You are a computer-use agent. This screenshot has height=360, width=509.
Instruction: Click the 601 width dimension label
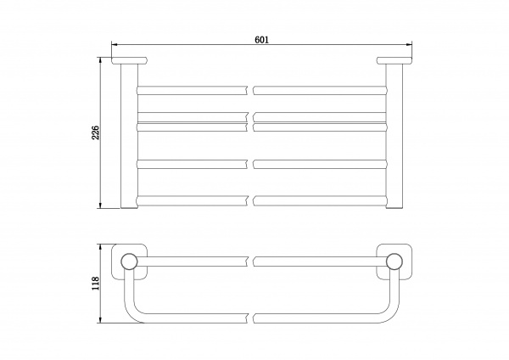coord(261,40)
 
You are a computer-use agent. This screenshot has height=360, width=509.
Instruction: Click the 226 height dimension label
coord(96,132)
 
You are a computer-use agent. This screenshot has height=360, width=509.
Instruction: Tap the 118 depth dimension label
coord(96,284)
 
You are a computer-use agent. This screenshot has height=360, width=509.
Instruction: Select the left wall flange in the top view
coord(130,60)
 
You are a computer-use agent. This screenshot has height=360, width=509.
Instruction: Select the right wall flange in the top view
coord(394,60)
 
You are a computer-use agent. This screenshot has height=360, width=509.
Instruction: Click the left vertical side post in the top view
coord(129,136)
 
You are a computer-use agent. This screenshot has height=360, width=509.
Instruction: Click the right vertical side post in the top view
coord(394,136)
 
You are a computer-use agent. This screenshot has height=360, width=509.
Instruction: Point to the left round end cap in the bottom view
coord(129,262)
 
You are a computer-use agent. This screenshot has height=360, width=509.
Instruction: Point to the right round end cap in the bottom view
coord(394,262)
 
